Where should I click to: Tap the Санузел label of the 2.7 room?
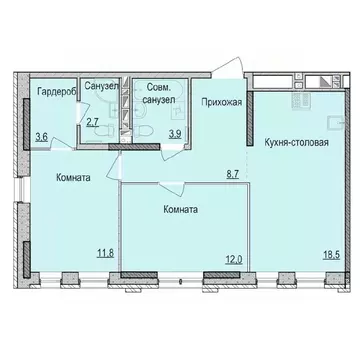[99, 86]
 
